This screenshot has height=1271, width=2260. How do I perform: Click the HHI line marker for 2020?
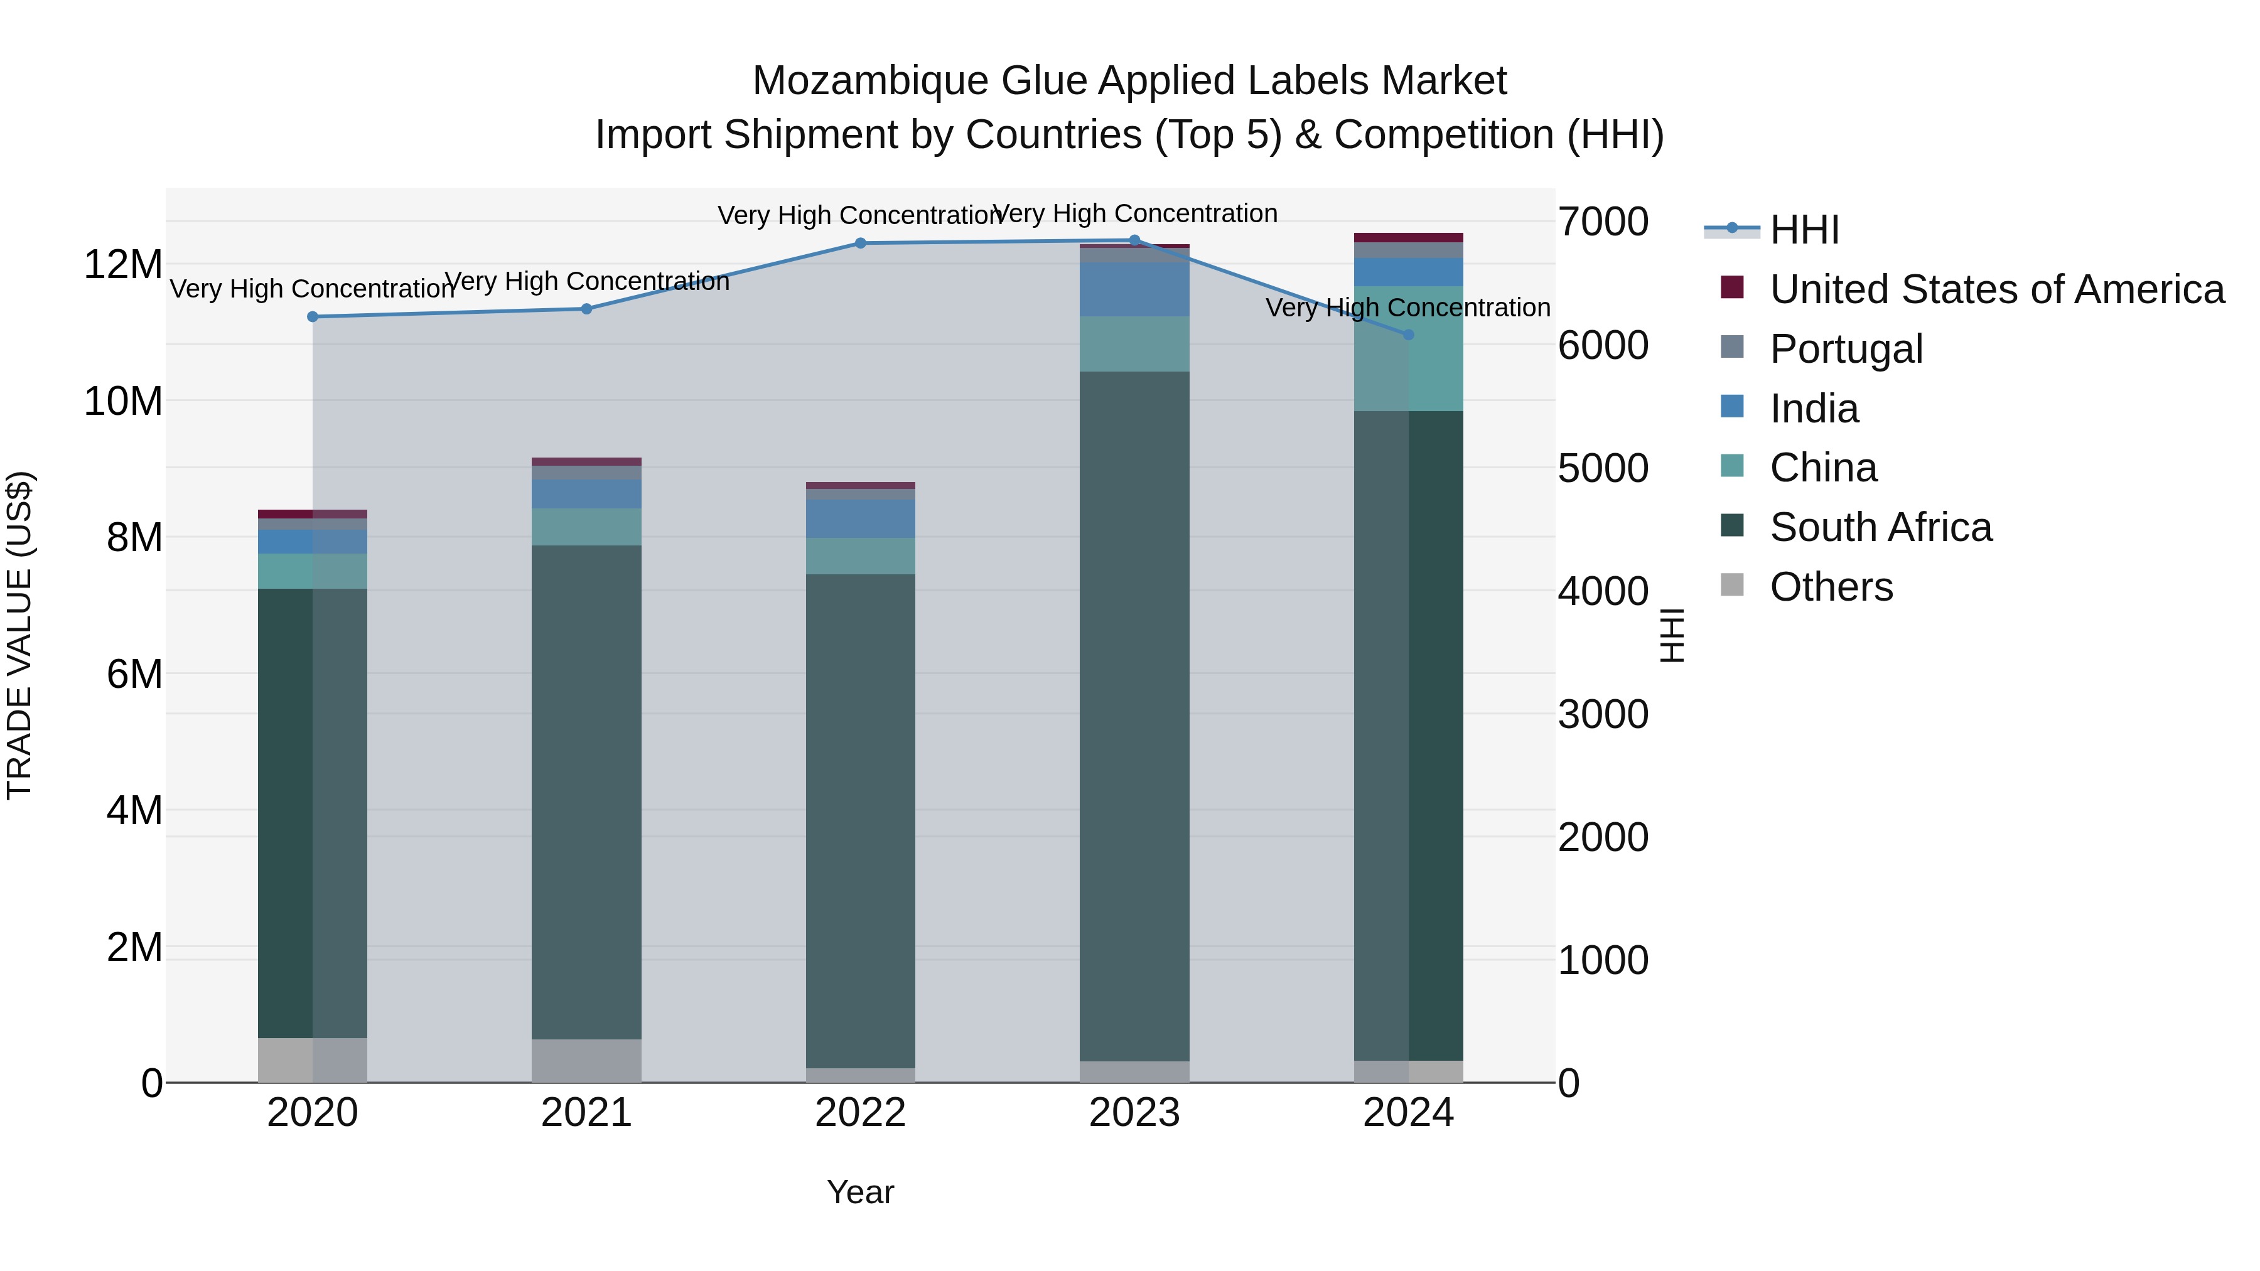(313, 317)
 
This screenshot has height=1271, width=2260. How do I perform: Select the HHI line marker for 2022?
(861, 243)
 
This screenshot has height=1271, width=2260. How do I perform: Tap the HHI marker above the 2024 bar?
(1409, 334)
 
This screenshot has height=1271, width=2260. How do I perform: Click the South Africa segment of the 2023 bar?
(1134, 715)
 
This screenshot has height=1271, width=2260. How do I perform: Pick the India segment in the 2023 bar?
(1134, 289)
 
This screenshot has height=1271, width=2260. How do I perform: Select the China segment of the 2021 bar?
(586, 527)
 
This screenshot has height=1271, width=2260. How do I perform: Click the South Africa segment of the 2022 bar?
(861, 820)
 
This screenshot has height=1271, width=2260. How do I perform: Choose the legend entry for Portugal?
(1846, 348)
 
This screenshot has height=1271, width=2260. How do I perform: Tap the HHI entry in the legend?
(1804, 230)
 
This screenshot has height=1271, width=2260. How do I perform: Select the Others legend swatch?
(1732, 584)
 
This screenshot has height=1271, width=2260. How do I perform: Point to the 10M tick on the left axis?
(123, 401)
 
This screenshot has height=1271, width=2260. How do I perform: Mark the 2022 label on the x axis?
(861, 1113)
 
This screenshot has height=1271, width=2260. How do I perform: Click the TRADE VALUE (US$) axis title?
(19, 635)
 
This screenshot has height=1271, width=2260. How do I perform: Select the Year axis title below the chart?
(861, 1192)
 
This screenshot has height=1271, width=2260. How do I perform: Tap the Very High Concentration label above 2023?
(1134, 213)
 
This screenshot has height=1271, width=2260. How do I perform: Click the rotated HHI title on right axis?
(1672, 635)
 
